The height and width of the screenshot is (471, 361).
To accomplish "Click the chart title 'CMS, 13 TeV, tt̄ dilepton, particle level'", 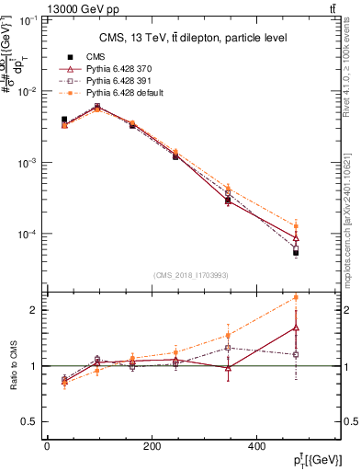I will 192,38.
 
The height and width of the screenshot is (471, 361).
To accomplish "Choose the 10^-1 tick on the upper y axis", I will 28,20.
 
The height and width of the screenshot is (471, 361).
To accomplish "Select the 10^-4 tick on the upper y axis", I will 28,234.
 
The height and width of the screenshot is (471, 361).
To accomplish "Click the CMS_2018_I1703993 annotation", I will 191,275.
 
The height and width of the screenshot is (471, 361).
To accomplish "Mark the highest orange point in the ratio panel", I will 296,297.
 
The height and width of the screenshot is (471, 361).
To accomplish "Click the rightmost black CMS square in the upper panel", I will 296,251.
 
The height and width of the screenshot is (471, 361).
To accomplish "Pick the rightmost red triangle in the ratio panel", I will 296,327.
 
